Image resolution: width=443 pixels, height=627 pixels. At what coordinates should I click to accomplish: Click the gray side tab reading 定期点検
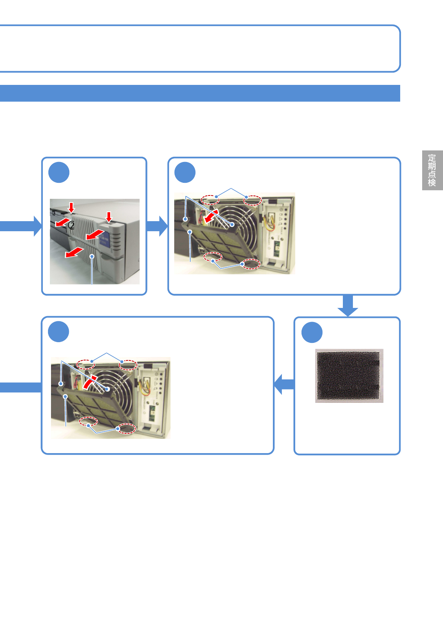(432, 170)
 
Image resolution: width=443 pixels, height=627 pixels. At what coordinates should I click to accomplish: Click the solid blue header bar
(200, 93)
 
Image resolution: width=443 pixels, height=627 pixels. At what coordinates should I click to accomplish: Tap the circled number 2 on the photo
(71, 225)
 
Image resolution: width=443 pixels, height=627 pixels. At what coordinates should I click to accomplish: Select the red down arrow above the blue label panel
(109, 216)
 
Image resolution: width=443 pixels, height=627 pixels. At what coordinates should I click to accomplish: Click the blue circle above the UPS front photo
(59, 172)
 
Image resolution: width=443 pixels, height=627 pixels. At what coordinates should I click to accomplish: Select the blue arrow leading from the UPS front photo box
(158, 226)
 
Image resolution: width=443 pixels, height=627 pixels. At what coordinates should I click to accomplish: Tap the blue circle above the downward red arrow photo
(185, 172)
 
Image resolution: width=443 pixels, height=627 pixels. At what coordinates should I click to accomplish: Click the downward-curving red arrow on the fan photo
(211, 216)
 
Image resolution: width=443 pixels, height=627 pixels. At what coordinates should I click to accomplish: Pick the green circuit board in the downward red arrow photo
(277, 248)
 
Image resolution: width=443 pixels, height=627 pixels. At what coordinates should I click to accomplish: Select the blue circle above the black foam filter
(312, 332)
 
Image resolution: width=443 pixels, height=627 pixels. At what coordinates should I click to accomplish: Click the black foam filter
(349, 375)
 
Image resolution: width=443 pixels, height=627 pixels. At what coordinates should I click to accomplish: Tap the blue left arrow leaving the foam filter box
(284, 384)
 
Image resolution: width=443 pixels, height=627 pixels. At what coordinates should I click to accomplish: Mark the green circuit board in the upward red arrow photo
(152, 413)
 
